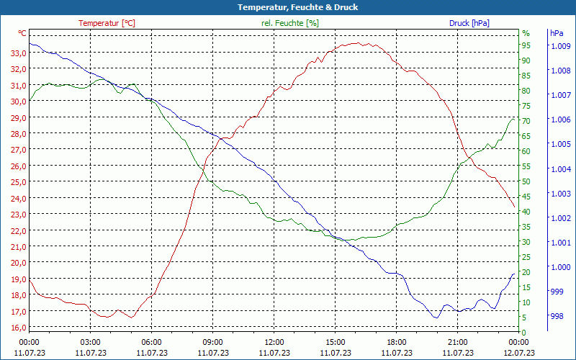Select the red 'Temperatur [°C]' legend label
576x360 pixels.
pyautogui.click(x=107, y=23)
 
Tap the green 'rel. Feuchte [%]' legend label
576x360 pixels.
pyautogui.click(x=289, y=23)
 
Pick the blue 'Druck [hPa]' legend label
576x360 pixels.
pyautogui.click(x=469, y=23)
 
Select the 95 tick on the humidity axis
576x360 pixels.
pyautogui.click(x=526, y=45)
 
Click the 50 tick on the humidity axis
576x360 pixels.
pyautogui.click(x=526, y=181)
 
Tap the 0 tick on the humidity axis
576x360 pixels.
pyautogui.click(x=524, y=333)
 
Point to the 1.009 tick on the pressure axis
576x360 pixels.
pyautogui.click(x=560, y=46)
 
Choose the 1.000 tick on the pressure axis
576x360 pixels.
pyautogui.click(x=560, y=267)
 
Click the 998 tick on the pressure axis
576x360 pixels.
pyautogui.click(x=557, y=316)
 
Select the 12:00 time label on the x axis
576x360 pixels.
pyautogui.click(x=274, y=342)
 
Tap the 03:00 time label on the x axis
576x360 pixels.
pyautogui.click(x=90, y=342)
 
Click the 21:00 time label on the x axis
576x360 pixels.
pyautogui.click(x=457, y=342)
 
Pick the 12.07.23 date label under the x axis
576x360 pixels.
pyautogui.click(x=518, y=353)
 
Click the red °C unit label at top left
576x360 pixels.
pyautogui.click(x=22, y=33)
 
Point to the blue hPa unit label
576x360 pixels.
pyautogui.click(x=557, y=33)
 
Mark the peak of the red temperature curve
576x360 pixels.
pyautogui.click(x=356, y=42)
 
